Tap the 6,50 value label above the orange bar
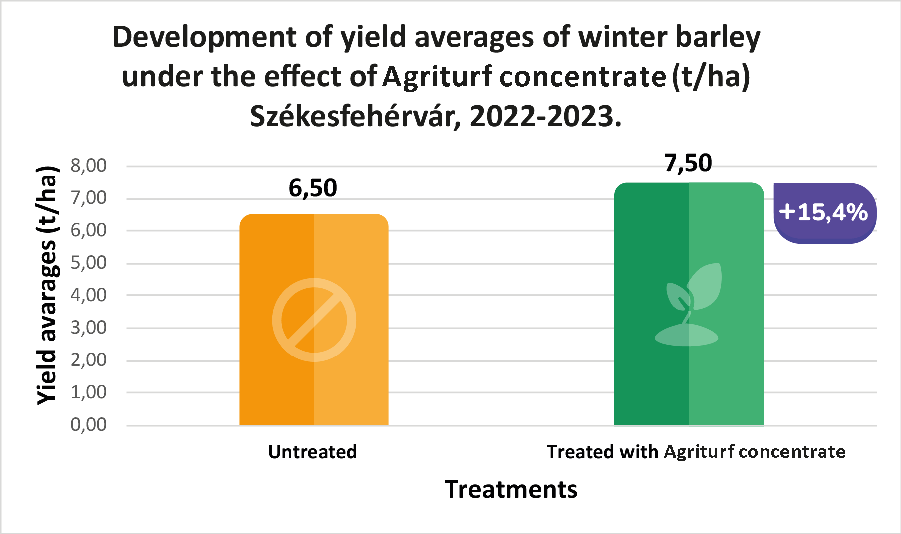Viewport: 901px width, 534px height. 313,188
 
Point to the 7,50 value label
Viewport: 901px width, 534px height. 688,163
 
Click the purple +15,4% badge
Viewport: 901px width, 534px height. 824,213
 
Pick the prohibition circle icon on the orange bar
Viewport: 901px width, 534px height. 314,320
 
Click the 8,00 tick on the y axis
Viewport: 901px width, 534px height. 89,166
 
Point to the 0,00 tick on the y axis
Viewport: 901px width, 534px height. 89,425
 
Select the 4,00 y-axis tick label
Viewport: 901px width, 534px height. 89,295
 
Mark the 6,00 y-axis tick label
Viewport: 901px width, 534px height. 89,230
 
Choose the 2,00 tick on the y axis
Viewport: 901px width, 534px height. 89,360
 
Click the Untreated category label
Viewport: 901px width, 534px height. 313,452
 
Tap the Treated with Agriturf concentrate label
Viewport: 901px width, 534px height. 696,452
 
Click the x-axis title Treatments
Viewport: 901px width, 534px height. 511,489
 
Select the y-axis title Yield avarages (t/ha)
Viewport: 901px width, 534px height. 48,285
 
